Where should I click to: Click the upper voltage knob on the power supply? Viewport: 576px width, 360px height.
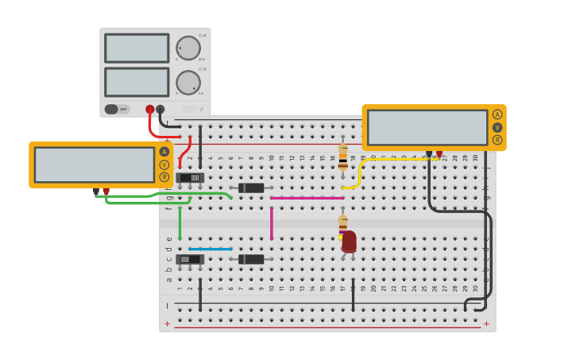click(188, 48)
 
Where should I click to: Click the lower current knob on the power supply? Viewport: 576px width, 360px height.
click(188, 83)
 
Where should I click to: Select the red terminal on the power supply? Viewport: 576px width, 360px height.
click(149, 109)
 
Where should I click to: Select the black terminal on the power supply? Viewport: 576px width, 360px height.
click(160, 109)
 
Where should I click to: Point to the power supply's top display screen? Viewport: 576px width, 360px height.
click(137, 48)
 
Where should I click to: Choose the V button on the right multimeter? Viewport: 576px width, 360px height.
click(497, 127)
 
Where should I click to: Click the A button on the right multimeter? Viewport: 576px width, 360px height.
click(497, 114)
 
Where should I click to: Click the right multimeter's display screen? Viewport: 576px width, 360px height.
click(427, 127)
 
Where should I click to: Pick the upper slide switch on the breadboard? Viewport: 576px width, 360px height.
click(190, 178)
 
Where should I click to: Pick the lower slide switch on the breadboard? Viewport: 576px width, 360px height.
click(190, 259)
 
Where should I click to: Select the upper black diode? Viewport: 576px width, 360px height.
click(251, 188)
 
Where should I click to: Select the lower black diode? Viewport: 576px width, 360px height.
click(251, 259)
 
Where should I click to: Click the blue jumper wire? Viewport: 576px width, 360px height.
click(211, 249)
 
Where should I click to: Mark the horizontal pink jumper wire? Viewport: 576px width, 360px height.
click(307, 198)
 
